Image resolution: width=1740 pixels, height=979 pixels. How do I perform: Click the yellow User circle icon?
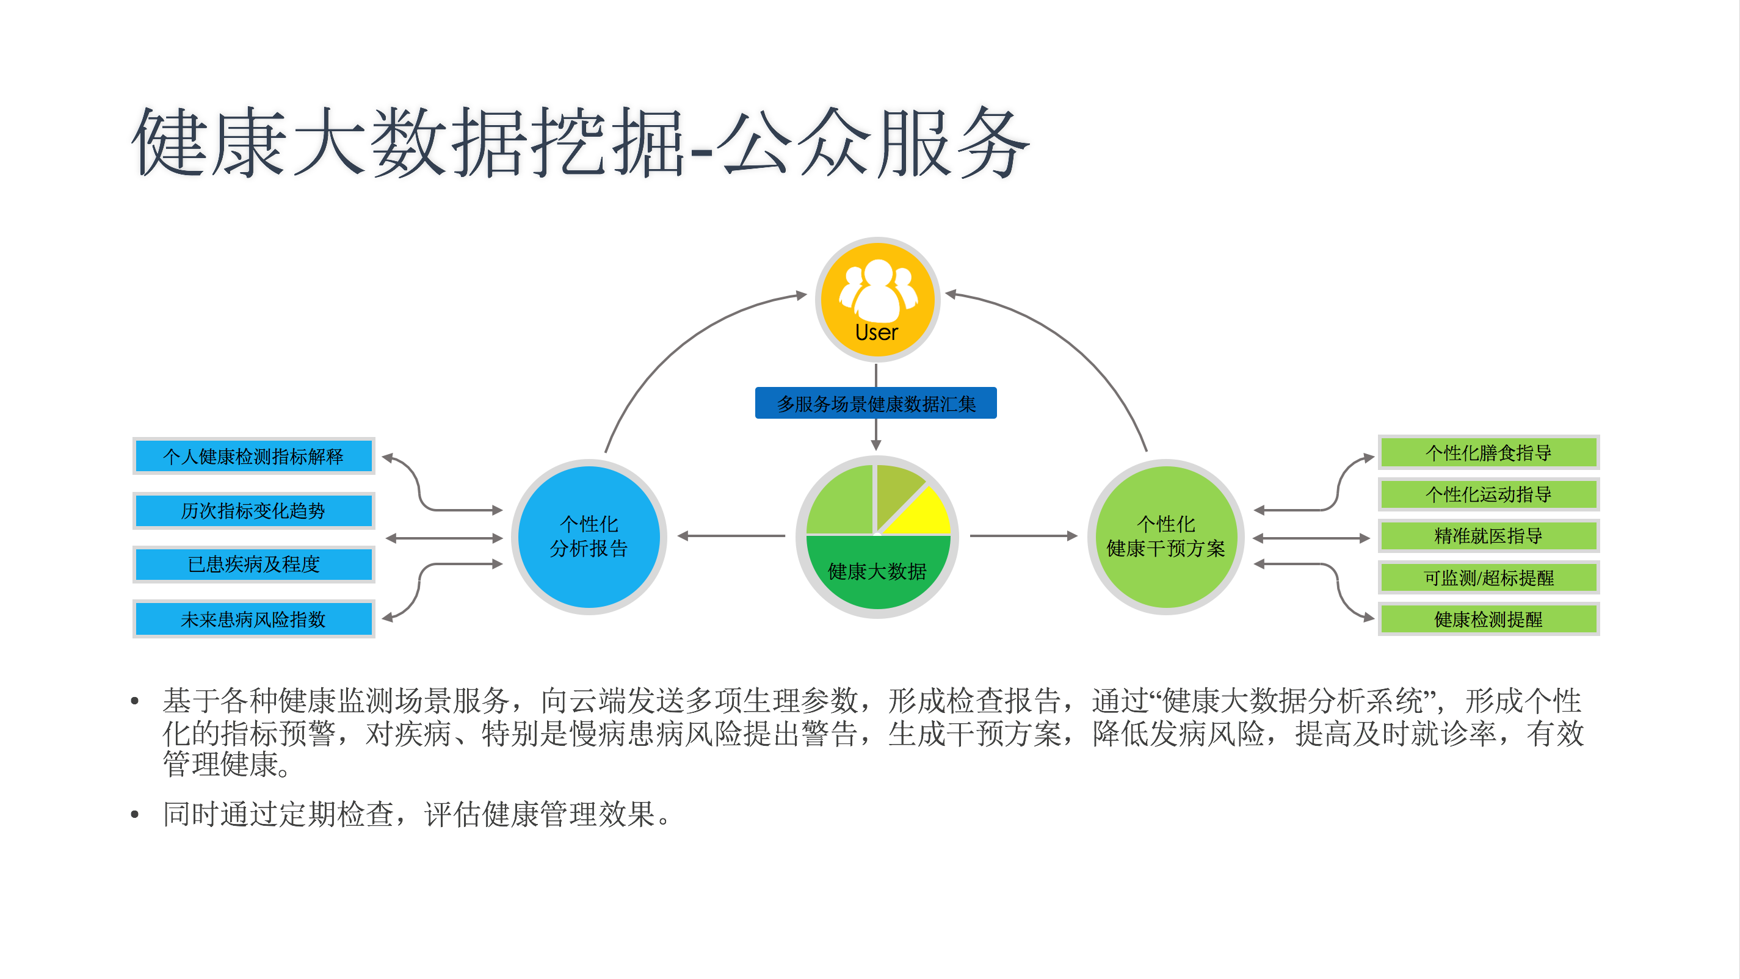point(877,299)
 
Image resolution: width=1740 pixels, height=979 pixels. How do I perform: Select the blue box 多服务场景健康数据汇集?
point(875,403)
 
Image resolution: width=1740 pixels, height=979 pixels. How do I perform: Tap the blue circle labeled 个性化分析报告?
point(589,536)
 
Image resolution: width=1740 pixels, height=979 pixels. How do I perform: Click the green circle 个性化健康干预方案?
point(1166,536)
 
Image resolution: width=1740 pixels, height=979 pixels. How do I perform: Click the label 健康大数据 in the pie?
point(877,571)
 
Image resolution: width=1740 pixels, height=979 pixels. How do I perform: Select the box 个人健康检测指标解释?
point(253,456)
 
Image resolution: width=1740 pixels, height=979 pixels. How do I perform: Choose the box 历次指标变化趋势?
point(253,510)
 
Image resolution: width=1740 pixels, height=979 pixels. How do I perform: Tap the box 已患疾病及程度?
point(253,564)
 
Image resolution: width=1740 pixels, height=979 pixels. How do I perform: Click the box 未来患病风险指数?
point(253,618)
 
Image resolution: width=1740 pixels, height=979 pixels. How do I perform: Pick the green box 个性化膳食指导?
point(1488,452)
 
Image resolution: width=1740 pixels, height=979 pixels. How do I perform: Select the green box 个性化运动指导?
point(1488,494)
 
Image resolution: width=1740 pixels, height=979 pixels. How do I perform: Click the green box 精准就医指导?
point(1488,536)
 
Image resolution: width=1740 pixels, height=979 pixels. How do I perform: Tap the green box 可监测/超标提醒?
point(1488,578)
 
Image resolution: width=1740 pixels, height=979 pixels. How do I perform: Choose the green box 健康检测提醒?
point(1488,619)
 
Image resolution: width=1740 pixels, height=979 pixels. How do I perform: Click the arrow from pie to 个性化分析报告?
point(731,536)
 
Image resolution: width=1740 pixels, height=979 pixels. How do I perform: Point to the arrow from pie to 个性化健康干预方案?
point(1023,536)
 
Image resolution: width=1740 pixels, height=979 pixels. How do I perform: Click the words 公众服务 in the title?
point(872,143)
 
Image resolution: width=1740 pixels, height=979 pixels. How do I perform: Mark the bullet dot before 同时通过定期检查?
point(135,815)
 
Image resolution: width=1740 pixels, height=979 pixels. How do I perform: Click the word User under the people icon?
point(876,332)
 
